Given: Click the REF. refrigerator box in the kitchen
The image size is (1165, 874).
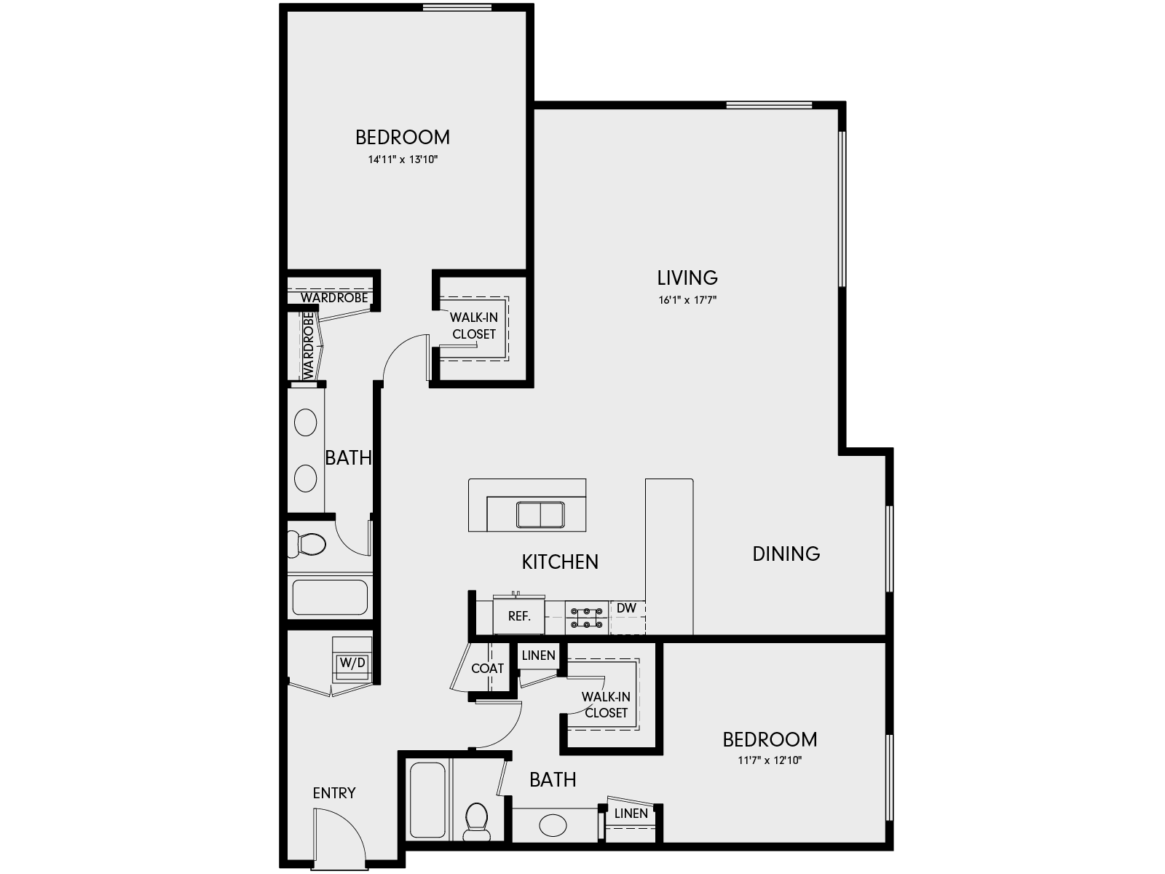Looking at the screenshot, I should tap(518, 616).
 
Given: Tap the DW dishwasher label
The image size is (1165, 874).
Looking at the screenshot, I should tap(626, 608).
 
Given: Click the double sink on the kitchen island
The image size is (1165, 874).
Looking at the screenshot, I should tap(540, 514).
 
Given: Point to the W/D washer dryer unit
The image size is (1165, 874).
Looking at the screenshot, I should tap(352, 664).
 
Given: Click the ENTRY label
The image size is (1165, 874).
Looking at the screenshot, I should tap(334, 793).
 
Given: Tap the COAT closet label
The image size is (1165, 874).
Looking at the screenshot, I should tap(487, 668).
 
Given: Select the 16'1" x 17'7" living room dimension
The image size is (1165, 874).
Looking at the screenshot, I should tap(688, 299).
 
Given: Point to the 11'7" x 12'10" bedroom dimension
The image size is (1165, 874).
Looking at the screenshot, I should tap(770, 761).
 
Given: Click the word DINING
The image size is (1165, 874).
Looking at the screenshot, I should tap(786, 554).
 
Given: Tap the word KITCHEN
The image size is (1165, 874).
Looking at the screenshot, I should tap(560, 562).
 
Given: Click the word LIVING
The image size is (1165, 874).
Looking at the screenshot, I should tap(687, 277).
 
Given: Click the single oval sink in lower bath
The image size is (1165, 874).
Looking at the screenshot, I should tap(553, 826).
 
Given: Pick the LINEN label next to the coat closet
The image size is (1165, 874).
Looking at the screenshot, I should tap(539, 655).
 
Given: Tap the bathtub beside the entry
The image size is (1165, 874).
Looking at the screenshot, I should tap(427, 800).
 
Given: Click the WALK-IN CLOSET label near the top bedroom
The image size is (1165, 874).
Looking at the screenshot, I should tap(474, 326).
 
